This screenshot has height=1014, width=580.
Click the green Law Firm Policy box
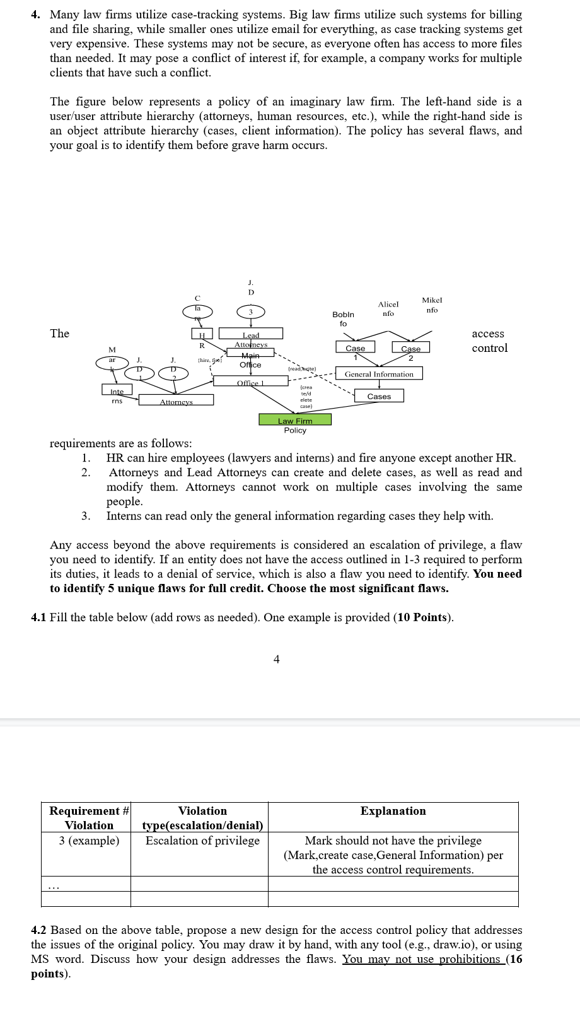(295, 420)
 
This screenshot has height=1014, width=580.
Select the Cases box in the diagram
(379, 396)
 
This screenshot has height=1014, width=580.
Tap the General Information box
(379, 374)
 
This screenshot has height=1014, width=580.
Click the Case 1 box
(355, 347)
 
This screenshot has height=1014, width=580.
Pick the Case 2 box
(410, 348)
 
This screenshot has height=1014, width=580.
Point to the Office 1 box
(250, 382)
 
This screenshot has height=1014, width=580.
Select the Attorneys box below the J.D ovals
(176, 400)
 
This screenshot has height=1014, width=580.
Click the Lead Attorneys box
(251, 334)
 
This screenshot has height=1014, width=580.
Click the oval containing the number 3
(250, 312)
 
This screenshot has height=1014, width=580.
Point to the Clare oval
(197, 311)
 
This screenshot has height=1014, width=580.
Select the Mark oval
(112, 363)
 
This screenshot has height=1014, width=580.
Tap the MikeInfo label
(432, 305)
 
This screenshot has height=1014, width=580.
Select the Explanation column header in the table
(393, 811)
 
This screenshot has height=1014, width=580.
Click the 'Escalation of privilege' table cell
(202, 841)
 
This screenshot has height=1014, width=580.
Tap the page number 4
(276, 659)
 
